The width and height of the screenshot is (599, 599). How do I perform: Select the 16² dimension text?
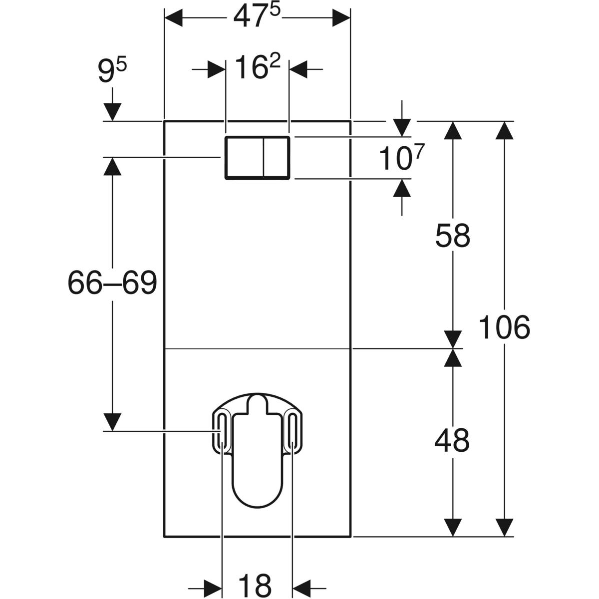pyautogui.click(x=258, y=68)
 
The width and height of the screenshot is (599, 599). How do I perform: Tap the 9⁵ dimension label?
pyautogui.click(x=112, y=73)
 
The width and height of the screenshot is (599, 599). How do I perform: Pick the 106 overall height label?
pyautogui.click(x=504, y=328)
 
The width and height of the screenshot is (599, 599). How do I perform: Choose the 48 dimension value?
pyautogui.click(x=452, y=441)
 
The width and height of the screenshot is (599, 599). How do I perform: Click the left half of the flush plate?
pyautogui.click(x=244, y=157)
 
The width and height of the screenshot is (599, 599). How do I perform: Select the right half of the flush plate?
pyautogui.click(x=276, y=157)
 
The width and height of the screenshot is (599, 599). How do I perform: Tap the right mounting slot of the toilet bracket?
pyautogui.click(x=293, y=431)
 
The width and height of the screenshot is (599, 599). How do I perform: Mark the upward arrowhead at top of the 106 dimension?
pyautogui.click(x=505, y=131)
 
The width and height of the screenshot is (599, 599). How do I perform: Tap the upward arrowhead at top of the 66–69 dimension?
pyautogui.click(x=112, y=166)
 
